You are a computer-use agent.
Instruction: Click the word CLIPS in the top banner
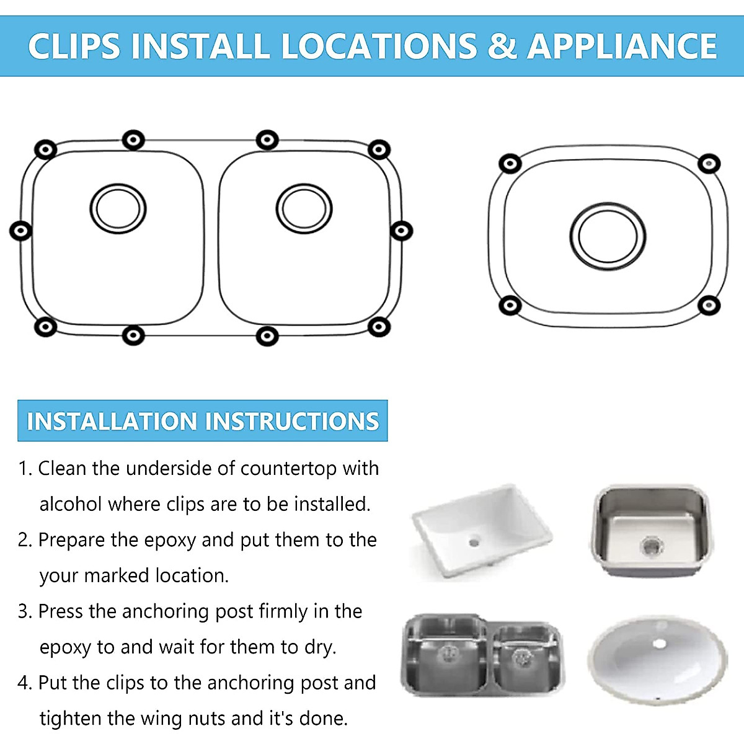[74, 46]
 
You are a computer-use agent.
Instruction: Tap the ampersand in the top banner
[502, 46]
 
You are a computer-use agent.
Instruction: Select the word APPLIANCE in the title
[622, 46]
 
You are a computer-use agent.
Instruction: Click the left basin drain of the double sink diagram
[118, 209]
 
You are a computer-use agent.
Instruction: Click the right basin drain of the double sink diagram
[304, 209]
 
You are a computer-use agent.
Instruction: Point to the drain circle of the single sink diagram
[608, 236]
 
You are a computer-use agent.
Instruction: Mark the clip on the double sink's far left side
[20, 231]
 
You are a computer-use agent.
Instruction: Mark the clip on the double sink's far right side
[402, 231]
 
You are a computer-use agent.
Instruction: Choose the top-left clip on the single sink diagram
[510, 164]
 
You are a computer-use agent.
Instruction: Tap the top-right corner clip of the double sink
[379, 149]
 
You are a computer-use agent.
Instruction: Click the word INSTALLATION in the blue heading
[113, 422]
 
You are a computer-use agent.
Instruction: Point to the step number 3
[24, 612]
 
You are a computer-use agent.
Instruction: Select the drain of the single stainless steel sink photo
[651, 545]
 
